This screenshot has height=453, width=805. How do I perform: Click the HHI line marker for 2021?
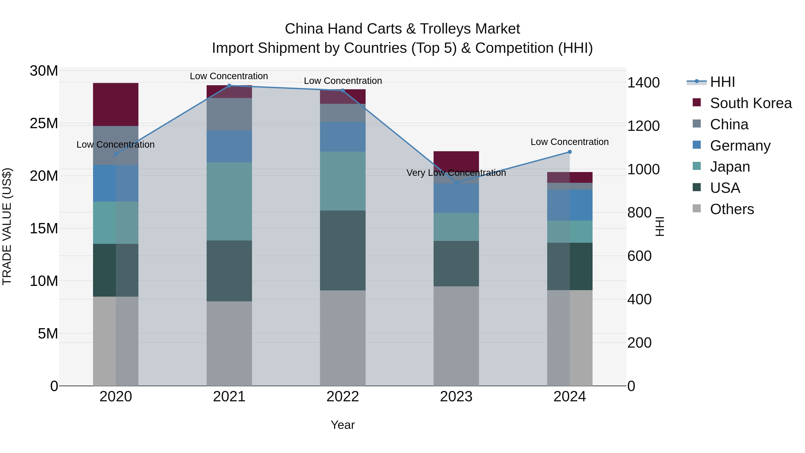click(229, 86)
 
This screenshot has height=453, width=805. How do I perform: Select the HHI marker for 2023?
click(456, 183)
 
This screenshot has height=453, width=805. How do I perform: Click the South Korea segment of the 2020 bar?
click(116, 104)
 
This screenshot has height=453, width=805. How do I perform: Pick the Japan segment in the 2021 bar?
click(229, 201)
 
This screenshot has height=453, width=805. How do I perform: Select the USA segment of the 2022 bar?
click(343, 250)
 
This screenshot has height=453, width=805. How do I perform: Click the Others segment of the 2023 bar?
click(456, 336)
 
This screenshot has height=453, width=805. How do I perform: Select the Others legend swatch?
click(697, 208)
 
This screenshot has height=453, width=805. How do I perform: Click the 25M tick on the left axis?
click(44, 123)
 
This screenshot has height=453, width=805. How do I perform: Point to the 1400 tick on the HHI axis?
click(643, 83)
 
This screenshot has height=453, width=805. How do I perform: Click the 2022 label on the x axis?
click(343, 397)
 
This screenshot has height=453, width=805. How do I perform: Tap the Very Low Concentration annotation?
click(456, 172)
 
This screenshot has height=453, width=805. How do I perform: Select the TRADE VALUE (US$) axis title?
click(7, 226)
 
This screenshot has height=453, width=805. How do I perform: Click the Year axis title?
click(343, 425)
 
